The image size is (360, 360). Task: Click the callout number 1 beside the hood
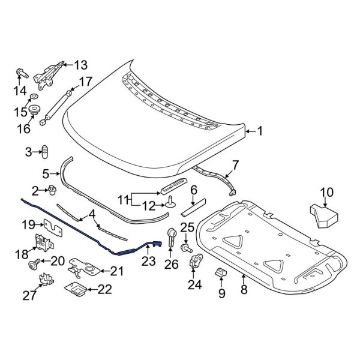coord(260,130)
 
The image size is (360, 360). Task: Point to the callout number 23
coord(148,262)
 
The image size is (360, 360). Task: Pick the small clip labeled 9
coord(221,275)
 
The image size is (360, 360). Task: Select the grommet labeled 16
coord(34,110)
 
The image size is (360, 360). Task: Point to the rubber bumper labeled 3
coord(44,152)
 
